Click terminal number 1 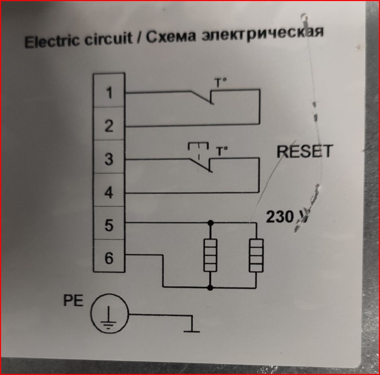pyautogui.click(x=109, y=93)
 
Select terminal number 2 pyautogui.click(x=109, y=127)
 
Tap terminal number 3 pyautogui.click(x=109, y=160)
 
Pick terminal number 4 pyautogui.click(x=109, y=193)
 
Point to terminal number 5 pyautogui.click(x=109, y=226)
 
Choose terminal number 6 pyautogui.click(x=109, y=259)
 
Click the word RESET pyautogui.click(x=304, y=152)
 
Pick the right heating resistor pyautogui.click(x=256, y=255)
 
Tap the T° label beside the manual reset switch pyautogui.click(x=222, y=151)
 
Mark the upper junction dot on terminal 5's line pyautogui.click(x=211, y=223)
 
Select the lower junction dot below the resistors pyautogui.click(x=211, y=287)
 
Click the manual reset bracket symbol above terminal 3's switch pyautogui.click(x=198, y=147)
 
